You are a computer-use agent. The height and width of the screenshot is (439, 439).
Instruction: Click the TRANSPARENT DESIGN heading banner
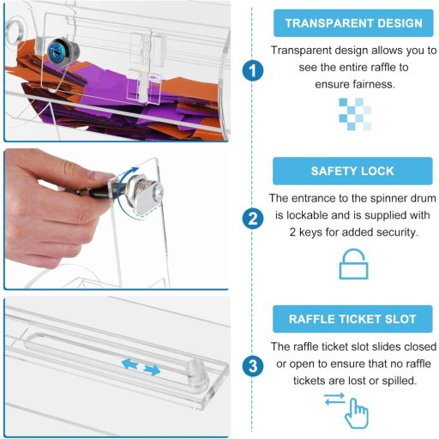[x=353, y=23]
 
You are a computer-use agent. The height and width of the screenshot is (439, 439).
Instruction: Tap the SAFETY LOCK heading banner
[x=352, y=171]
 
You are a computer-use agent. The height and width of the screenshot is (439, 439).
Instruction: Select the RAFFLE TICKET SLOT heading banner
[x=352, y=319]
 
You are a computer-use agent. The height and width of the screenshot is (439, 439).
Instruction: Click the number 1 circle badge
[x=253, y=70]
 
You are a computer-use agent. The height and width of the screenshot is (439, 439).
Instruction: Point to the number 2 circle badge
[x=253, y=219]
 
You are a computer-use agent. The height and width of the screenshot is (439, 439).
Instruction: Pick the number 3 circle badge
[x=253, y=366]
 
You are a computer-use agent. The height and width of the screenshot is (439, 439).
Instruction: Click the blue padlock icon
[x=353, y=264]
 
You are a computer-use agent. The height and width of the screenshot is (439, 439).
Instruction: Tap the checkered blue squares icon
[x=355, y=114]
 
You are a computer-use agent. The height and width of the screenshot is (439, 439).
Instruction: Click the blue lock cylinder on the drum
[x=60, y=52]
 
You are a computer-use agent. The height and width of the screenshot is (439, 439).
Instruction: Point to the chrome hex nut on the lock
[x=135, y=188]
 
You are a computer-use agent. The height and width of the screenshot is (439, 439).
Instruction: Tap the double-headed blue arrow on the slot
[x=141, y=367]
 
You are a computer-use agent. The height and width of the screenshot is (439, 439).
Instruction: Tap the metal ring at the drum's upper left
[x=15, y=31]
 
